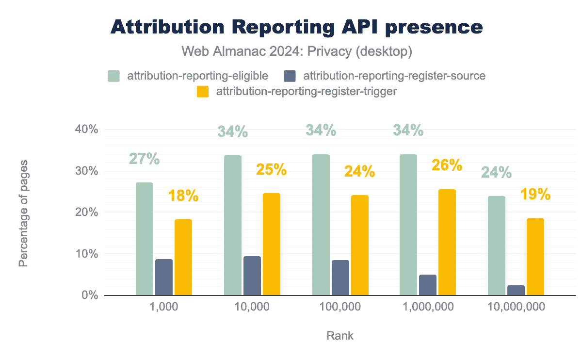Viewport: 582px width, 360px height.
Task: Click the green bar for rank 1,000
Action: [x=145, y=239]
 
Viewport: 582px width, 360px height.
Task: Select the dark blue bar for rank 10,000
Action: [x=252, y=276]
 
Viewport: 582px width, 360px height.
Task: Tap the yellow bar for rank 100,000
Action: [x=360, y=245]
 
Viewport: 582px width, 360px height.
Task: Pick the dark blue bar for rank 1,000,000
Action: [x=428, y=285]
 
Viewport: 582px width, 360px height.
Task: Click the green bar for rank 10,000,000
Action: [x=497, y=245]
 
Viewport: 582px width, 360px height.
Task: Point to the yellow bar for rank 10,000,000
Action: [x=535, y=257]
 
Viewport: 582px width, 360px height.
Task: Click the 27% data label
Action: [x=145, y=159]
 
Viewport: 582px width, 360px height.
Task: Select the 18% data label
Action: [x=183, y=196]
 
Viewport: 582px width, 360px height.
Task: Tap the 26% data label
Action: [x=447, y=165]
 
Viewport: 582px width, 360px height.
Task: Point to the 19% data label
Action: [x=535, y=195]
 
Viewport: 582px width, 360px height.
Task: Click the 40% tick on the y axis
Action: [x=87, y=130]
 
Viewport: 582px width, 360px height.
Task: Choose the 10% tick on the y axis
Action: [x=87, y=254]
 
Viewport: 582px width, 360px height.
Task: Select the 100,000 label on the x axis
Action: [x=340, y=307]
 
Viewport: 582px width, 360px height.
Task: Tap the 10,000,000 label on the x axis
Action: [x=516, y=307]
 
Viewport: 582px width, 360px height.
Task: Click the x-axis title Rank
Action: [x=340, y=335]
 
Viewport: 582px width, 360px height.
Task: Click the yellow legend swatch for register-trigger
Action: [x=203, y=91]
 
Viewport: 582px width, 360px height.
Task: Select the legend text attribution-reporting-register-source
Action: [x=394, y=76]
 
